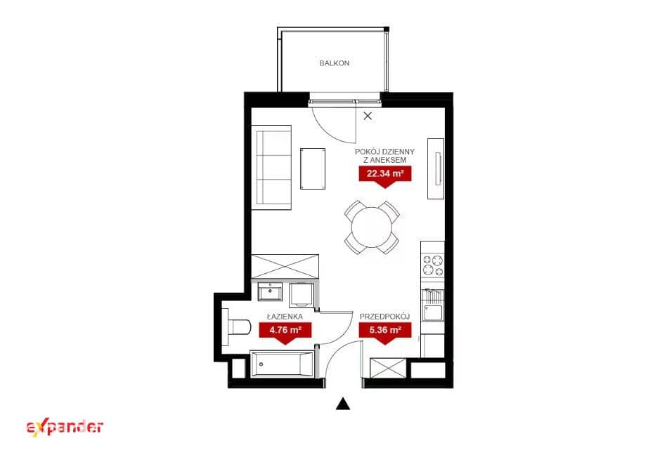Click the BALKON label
pyautogui.click(x=335, y=63)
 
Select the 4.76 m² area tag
pyautogui.click(x=285, y=332)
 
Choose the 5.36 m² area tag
pyautogui.click(x=385, y=332)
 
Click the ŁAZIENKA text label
pyautogui.click(x=285, y=317)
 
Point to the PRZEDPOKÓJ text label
pyautogui.click(x=384, y=317)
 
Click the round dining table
pyautogui.click(x=372, y=227)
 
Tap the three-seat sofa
pyautogui.click(x=273, y=168)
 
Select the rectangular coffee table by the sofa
pyautogui.click(x=313, y=168)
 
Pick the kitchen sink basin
pyautogui.click(x=432, y=313)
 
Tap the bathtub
pyautogui.click(x=282, y=364)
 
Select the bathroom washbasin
pyautogui.click(x=271, y=291)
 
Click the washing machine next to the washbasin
pyautogui.click(x=302, y=295)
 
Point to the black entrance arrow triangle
pyautogui.click(x=343, y=404)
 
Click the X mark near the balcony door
pyautogui.click(x=368, y=116)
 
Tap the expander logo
pyautogui.click(x=65, y=428)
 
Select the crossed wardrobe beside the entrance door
pyautogui.click(x=388, y=369)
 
